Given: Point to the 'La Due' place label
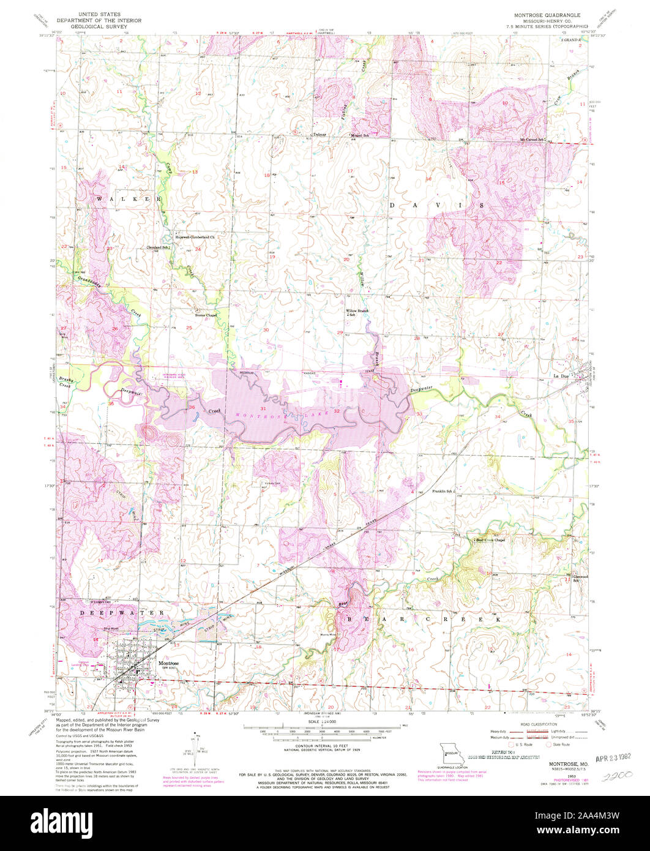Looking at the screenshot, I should [561, 375].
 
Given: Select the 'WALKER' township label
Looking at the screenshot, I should [129, 200].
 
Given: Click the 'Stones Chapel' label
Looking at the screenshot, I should [206, 315].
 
